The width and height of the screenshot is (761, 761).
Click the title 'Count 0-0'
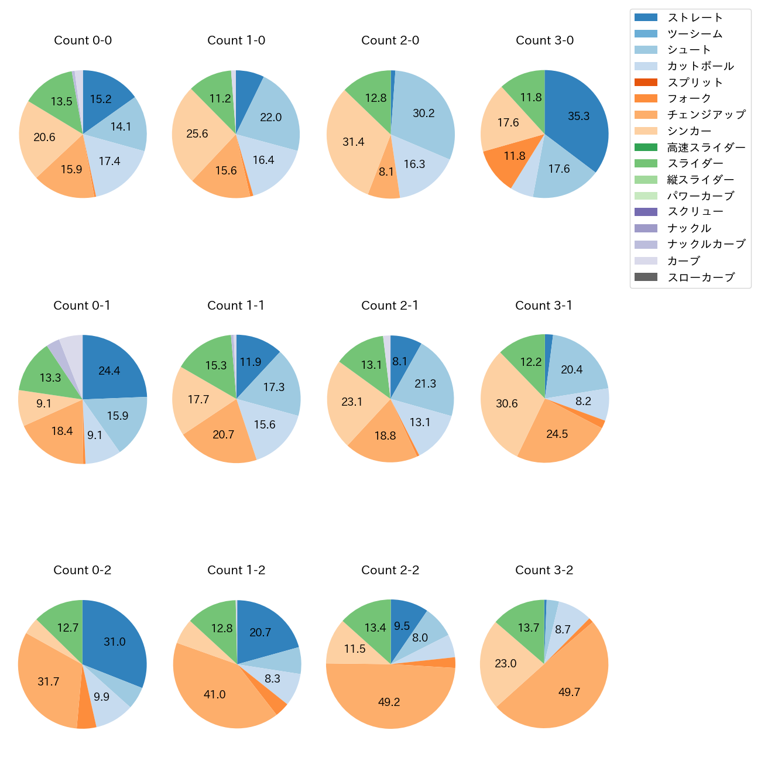[x=83, y=40]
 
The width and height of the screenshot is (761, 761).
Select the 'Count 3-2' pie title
[x=544, y=570]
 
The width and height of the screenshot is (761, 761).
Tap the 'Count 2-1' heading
[x=390, y=306]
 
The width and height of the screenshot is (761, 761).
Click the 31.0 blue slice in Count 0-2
[x=114, y=642]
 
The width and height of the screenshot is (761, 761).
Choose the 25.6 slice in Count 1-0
[x=198, y=133]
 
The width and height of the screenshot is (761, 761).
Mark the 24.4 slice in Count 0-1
[x=109, y=371]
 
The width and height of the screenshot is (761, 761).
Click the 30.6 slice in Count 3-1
[x=507, y=403]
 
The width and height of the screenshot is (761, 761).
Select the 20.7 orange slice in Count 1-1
[x=224, y=434]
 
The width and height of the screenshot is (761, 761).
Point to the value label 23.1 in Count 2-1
[x=352, y=402]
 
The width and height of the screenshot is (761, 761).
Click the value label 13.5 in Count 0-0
[x=61, y=101]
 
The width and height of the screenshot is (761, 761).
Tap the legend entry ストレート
[x=695, y=18]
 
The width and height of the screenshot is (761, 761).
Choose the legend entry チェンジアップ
[x=706, y=115]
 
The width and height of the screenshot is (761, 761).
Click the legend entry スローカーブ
[x=701, y=277]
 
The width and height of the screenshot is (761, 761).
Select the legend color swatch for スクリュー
[x=646, y=212]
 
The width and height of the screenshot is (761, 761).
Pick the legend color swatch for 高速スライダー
[x=646, y=147]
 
